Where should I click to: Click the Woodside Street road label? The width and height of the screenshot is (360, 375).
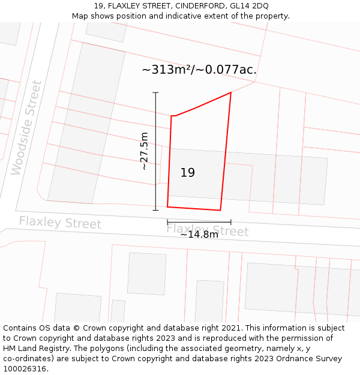(26, 128)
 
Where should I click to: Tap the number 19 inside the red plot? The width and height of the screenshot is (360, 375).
(188, 173)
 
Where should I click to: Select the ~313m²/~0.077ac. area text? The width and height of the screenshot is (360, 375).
(199, 70)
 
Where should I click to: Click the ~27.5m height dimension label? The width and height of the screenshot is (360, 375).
(144, 151)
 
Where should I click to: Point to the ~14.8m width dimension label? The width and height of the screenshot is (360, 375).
(199, 235)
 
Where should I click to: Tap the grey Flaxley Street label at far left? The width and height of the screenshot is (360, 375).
(60, 223)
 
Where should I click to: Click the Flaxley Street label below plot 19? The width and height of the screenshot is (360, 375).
(207, 230)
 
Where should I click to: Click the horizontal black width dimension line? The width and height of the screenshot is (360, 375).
(199, 222)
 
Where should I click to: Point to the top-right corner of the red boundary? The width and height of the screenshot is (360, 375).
(231, 92)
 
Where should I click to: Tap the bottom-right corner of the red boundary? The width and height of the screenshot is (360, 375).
(220, 210)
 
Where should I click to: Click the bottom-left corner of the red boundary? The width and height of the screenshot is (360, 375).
(167, 206)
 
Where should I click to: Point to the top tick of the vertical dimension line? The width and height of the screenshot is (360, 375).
(155, 92)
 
